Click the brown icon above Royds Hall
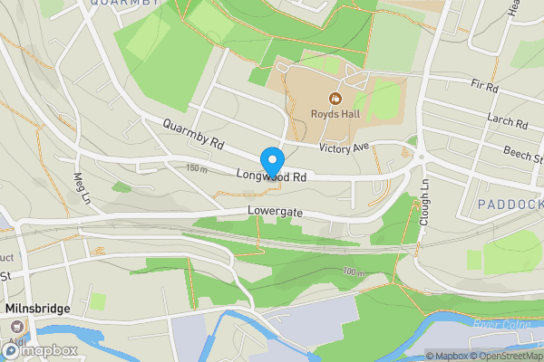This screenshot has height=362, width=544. tap(335, 98)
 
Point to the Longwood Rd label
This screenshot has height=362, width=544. tap(271, 177)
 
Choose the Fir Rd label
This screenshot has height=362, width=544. tap(485, 87)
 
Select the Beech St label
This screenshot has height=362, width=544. tap(523, 156)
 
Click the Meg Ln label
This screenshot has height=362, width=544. tap(83, 187)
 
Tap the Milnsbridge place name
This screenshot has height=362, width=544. tap(38, 309)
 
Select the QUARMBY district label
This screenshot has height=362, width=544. tap(125, 4)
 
